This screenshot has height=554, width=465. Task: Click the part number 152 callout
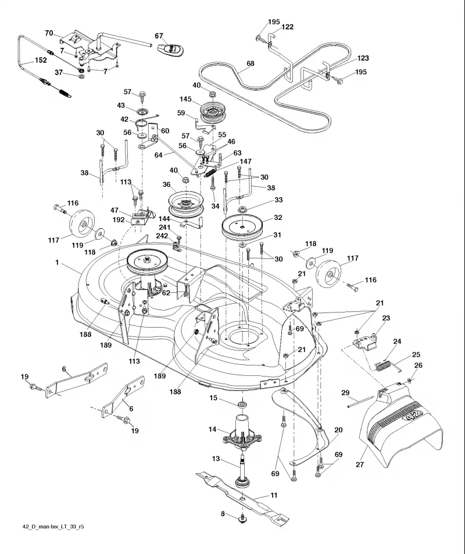41,60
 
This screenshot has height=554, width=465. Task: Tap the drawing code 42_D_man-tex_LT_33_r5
53,527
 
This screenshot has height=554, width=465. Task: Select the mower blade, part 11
242,494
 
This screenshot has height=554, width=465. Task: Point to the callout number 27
360,464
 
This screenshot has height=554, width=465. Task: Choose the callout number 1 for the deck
57,262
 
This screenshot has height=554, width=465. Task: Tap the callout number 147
245,161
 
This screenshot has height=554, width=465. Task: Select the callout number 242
162,236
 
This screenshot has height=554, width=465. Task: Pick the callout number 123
363,58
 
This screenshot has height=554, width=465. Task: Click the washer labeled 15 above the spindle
242,403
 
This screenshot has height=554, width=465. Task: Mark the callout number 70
49,33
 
